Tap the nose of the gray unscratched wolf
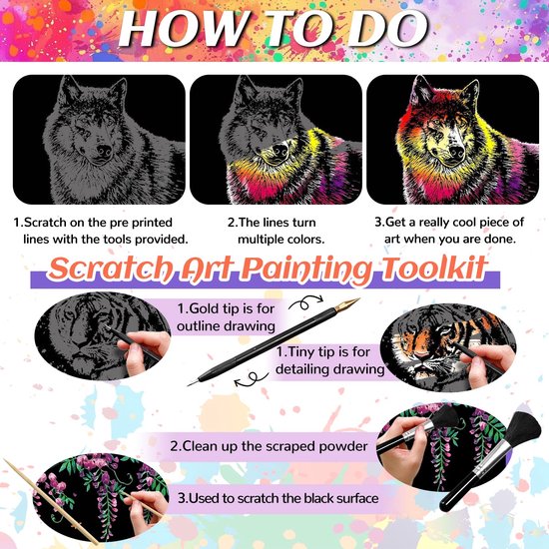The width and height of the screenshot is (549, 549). coord(104,152)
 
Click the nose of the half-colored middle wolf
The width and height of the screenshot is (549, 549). coord(280,151)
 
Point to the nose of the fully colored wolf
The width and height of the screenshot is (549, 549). coord(456,152)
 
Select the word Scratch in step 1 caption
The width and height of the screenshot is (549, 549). coord(45,223)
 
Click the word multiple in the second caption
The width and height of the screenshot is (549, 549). coord(261,240)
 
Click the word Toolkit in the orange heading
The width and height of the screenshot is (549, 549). coord(434,269)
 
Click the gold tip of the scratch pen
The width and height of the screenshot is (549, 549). coord(346,304)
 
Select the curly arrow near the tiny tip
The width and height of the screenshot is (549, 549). coord(251,379)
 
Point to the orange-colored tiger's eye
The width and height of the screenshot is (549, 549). coord(444,330)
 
